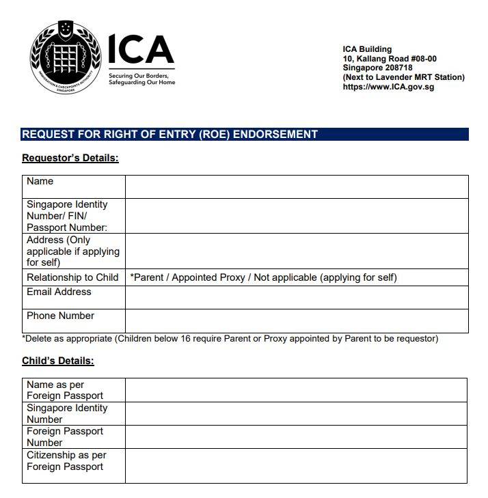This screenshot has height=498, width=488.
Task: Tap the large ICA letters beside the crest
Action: [141, 49]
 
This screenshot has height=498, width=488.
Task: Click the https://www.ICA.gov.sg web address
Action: [388, 87]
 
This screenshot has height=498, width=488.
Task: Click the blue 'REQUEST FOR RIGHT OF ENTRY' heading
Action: [170, 135]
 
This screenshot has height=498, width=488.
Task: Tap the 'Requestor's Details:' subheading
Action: [70, 158]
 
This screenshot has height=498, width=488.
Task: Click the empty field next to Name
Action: [296, 186]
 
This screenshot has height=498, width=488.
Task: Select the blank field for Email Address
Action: [296, 297]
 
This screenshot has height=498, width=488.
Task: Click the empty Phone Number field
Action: [296, 320]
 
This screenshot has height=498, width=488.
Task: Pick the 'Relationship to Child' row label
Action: [72, 278]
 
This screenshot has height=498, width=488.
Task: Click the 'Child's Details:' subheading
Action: [58, 361]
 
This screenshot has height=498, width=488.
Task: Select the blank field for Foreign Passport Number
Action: [296, 437]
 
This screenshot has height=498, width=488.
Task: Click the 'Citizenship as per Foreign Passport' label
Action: [66, 461]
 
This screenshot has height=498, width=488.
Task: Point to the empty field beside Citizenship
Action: [296, 465]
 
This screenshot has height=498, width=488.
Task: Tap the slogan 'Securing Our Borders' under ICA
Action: [138, 76]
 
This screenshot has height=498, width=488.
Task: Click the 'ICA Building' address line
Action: [367, 49]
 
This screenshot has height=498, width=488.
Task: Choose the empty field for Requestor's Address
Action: [296, 251]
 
